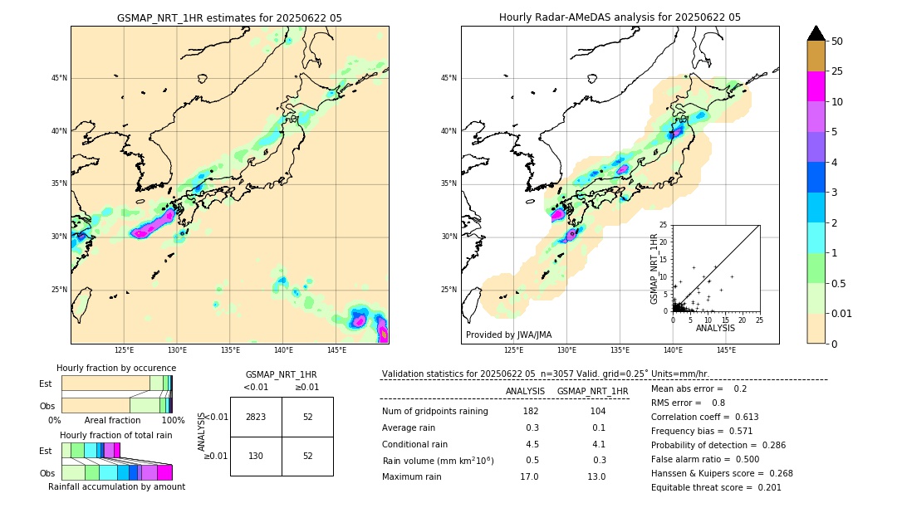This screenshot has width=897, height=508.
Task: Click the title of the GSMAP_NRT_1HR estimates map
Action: click(229, 17)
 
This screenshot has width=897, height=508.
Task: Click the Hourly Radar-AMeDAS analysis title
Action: click(620, 17)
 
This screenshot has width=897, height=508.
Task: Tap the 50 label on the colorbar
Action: click(837, 42)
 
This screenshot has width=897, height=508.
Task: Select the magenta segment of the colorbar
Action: click(816, 86)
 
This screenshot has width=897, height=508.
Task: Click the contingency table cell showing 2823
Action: click(256, 417)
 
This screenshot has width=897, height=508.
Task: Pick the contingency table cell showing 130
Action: click(256, 456)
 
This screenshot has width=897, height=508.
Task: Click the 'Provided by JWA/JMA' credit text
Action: click(508, 335)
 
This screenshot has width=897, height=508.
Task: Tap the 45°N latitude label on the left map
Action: click(59, 78)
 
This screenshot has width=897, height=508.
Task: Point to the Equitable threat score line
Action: click(716, 487)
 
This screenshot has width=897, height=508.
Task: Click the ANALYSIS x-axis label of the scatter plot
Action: click(715, 328)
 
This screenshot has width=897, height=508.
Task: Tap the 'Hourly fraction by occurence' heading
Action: click(116, 368)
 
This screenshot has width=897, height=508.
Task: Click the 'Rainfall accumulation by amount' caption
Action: click(116, 486)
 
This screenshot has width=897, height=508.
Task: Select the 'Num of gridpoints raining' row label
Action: click(435, 411)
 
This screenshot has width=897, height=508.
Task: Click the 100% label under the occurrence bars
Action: click(173, 420)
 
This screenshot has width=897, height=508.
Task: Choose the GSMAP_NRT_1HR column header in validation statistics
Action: click(592, 391)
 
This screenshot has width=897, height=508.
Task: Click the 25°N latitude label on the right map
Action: click(449, 290)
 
